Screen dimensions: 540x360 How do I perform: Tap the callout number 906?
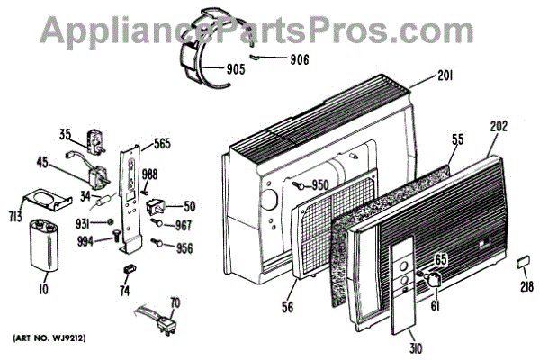pos(301,61)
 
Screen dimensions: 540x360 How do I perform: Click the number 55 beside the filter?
pos(457,139)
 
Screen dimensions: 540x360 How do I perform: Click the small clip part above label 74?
pos(128,268)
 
